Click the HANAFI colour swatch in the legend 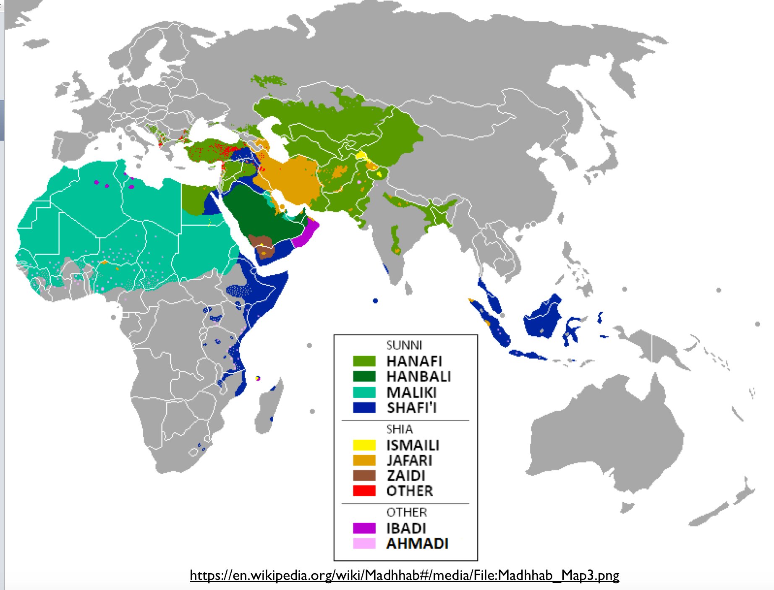point(364,361)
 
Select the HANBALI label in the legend point(418,376)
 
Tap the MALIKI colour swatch point(364,392)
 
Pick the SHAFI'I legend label point(412,407)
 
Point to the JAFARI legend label point(409,460)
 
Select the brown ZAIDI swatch point(364,475)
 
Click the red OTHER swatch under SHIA point(364,491)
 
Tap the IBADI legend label point(406,528)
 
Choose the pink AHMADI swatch point(364,543)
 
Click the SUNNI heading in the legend point(404,345)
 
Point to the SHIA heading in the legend point(400,429)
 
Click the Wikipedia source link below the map point(404,575)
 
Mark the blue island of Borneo point(544,317)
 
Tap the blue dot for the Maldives point(375,301)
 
